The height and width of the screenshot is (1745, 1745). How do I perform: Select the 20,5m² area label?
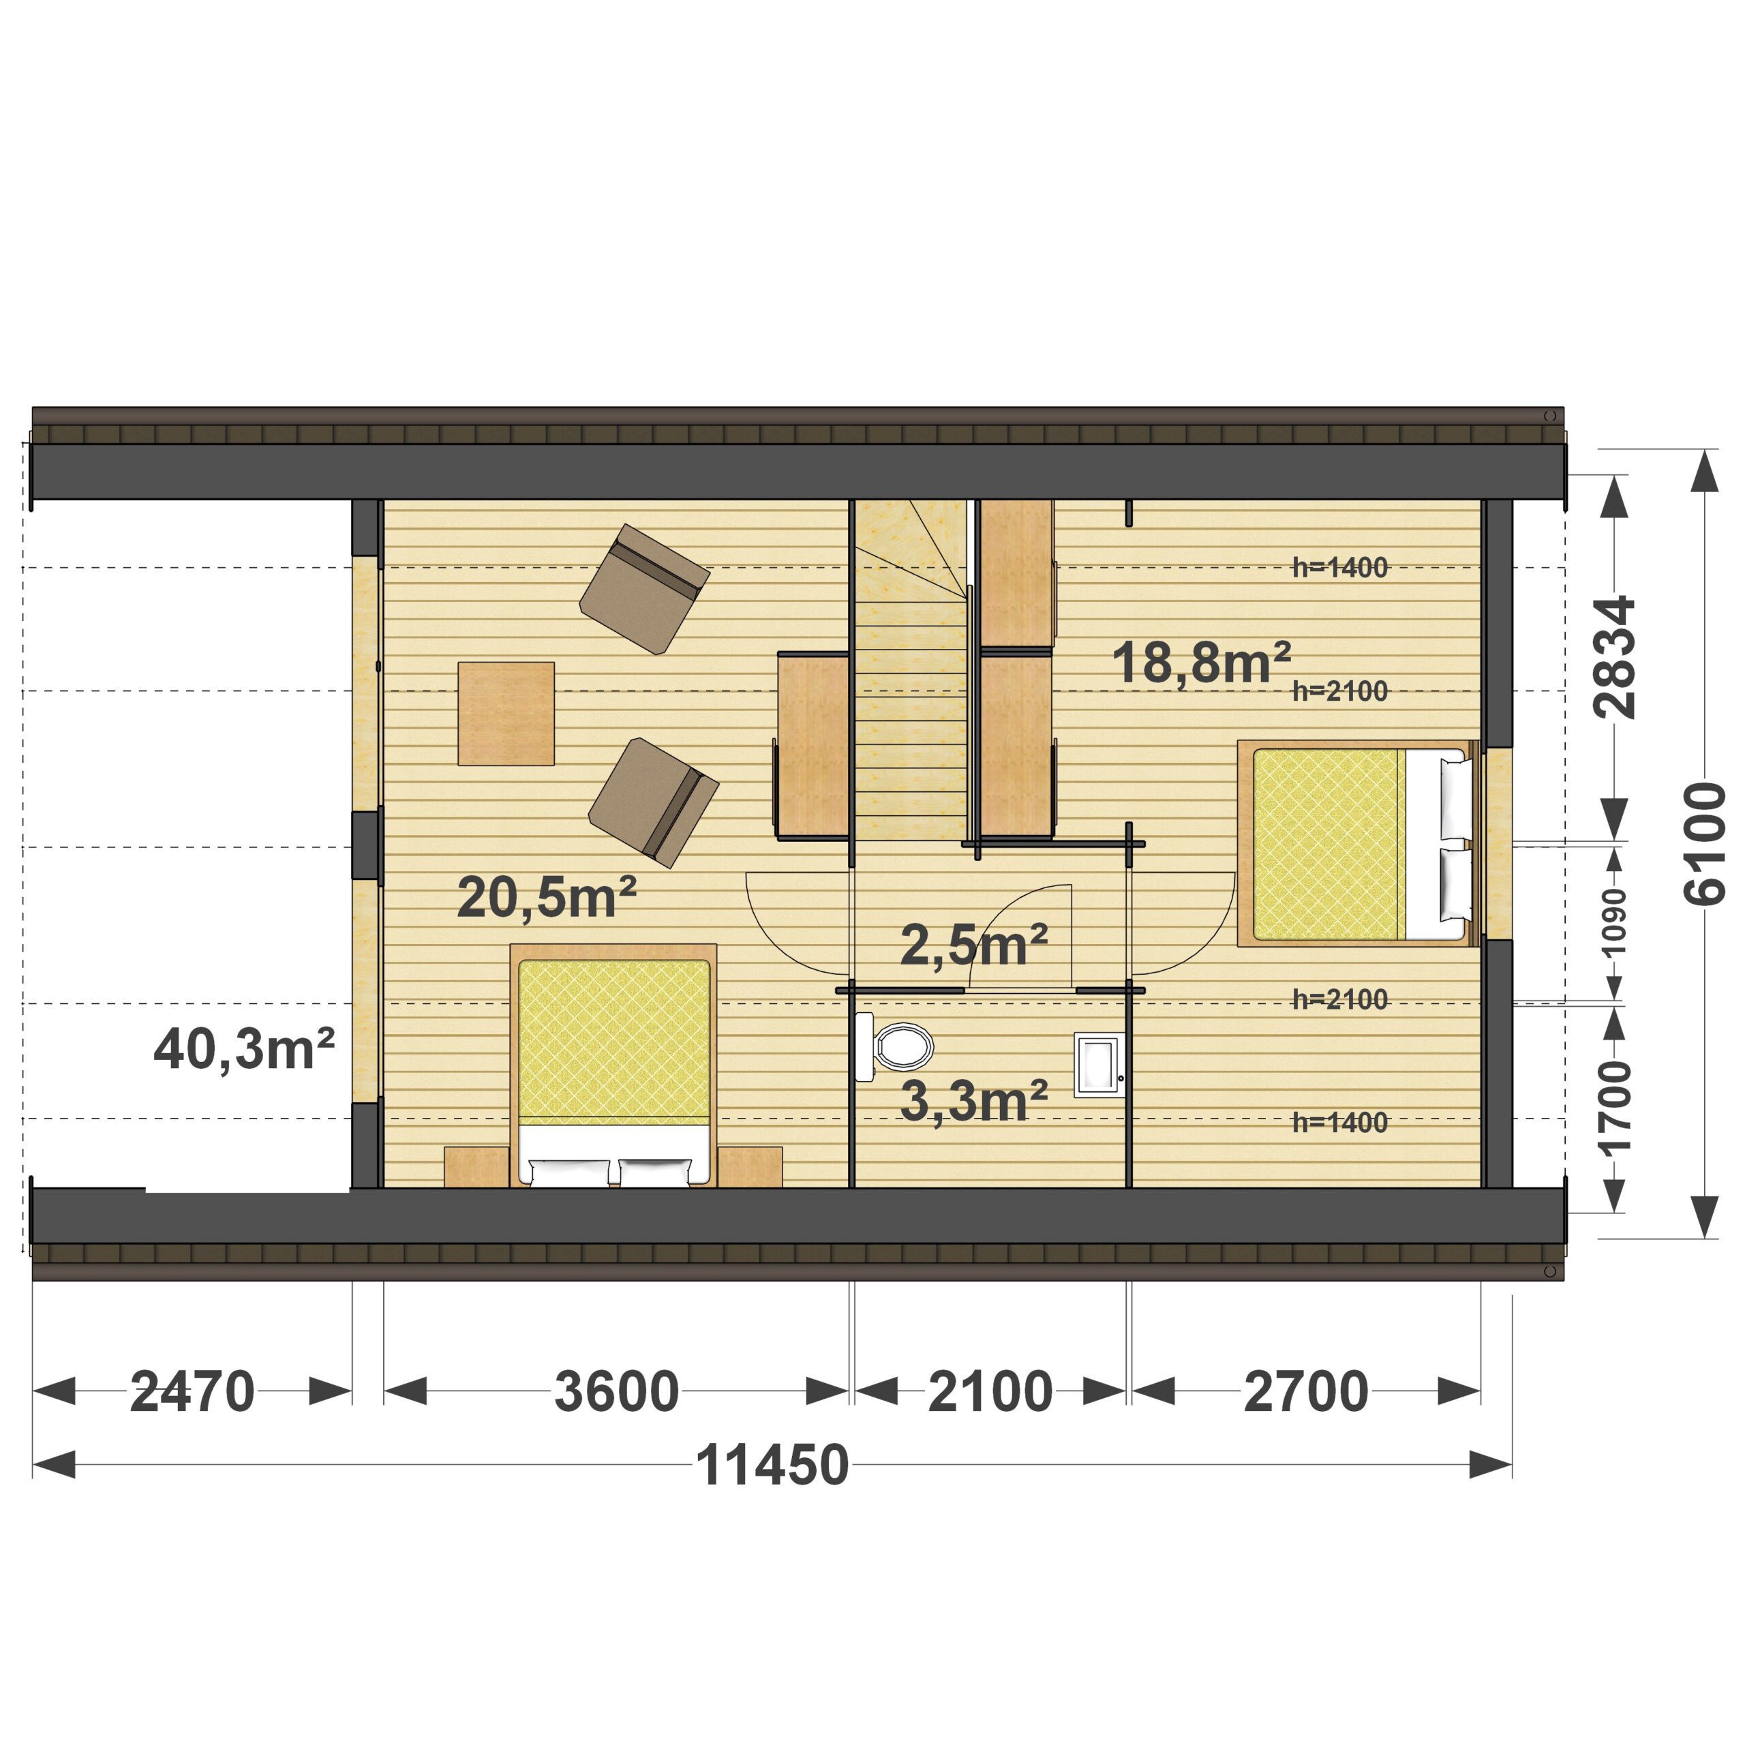(547, 898)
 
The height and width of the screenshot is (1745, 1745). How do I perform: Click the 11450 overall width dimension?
(772, 1465)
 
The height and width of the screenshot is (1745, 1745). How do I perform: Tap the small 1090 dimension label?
(1614, 922)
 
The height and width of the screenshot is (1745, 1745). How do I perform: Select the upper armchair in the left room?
(644, 589)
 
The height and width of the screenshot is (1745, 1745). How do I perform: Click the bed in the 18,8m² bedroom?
(1356, 844)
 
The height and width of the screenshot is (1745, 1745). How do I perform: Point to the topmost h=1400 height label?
(1339, 567)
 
